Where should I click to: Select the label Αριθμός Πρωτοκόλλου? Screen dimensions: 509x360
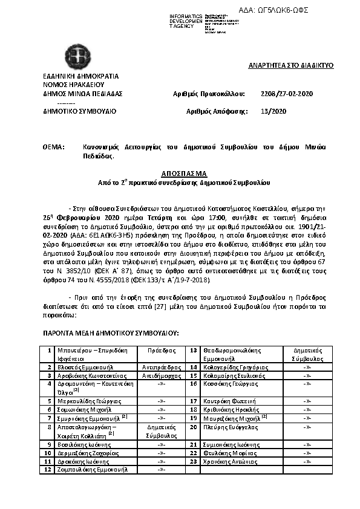[x=209, y=94]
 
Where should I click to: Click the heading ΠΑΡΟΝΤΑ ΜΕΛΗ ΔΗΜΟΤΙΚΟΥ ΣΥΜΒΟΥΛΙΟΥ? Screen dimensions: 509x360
[x=111, y=333]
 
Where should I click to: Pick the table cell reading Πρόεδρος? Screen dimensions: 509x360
[x=161, y=350]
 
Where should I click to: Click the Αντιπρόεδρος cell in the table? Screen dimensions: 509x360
[x=161, y=367]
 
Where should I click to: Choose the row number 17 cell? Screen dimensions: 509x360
[x=194, y=401]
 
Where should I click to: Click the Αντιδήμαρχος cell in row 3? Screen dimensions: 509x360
[x=161, y=375]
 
